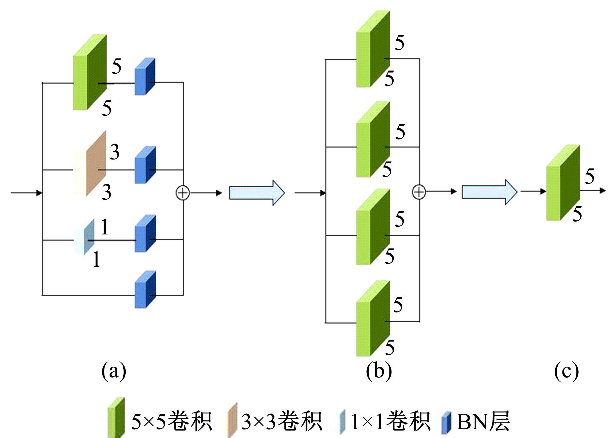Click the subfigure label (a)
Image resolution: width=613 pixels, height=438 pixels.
point(114,371)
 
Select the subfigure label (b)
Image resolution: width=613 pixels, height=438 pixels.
point(379,371)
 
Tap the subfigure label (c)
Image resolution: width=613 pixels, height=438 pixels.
point(566,371)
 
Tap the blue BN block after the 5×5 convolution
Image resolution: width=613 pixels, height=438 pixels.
point(145,77)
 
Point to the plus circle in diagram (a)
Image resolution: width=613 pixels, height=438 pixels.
point(183,192)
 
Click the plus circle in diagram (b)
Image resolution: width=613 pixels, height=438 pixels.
point(419,192)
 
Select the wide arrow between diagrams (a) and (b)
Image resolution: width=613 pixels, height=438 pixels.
point(257,192)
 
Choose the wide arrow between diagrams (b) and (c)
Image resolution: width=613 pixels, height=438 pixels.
point(489,192)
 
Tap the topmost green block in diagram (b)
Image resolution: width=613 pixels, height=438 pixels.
point(373,49)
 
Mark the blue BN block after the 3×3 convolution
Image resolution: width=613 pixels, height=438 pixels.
point(145,165)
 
